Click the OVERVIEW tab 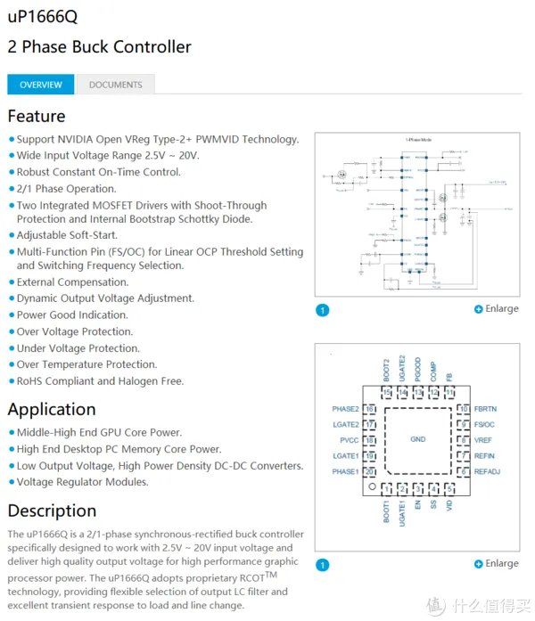pos(41,85)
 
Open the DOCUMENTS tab pos(115,85)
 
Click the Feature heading pos(37,116)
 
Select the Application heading pos(52,409)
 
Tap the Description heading pos(52,511)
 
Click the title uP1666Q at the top pos(42,17)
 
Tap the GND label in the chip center pos(417,439)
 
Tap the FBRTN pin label pos(487,409)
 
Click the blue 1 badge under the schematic pos(323,310)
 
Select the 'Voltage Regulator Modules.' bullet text pos(83,482)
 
